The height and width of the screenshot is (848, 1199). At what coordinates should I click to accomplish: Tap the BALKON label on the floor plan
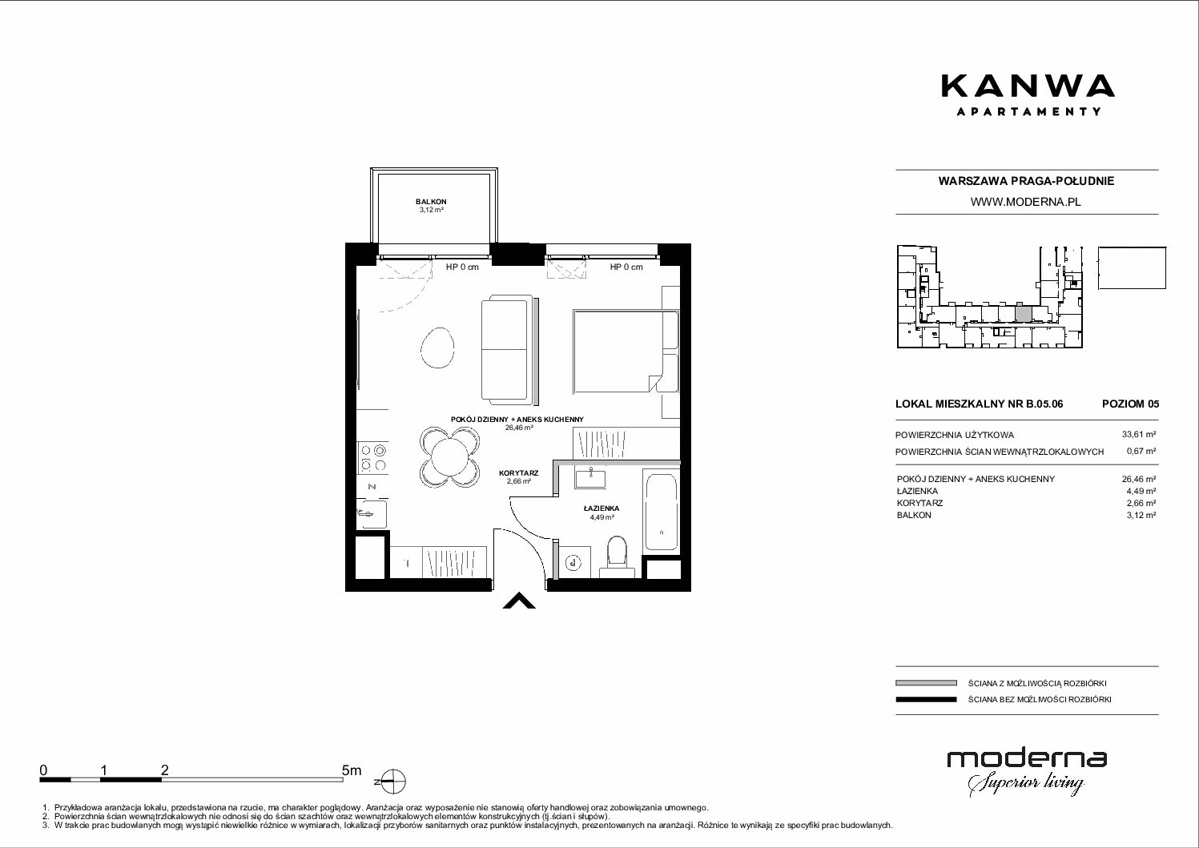(x=431, y=202)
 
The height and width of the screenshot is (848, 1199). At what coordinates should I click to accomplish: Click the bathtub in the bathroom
(x=662, y=512)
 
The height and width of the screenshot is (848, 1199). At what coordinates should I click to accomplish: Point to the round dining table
(x=449, y=457)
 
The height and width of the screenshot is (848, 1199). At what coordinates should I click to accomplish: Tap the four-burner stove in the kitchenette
(x=372, y=457)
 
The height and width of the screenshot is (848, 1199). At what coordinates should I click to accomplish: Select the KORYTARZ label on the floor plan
(x=518, y=473)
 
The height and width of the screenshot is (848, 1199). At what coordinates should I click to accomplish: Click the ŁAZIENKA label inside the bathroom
(x=602, y=508)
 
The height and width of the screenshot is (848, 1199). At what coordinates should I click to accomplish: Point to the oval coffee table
(x=437, y=348)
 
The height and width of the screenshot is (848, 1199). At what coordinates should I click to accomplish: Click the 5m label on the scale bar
(x=352, y=770)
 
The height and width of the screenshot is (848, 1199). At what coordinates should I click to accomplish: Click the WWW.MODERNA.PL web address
(x=1025, y=202)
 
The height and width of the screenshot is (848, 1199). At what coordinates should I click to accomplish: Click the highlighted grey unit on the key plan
(x=1023, y=312)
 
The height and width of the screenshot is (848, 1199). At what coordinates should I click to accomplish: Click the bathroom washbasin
(x=590, y=476)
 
